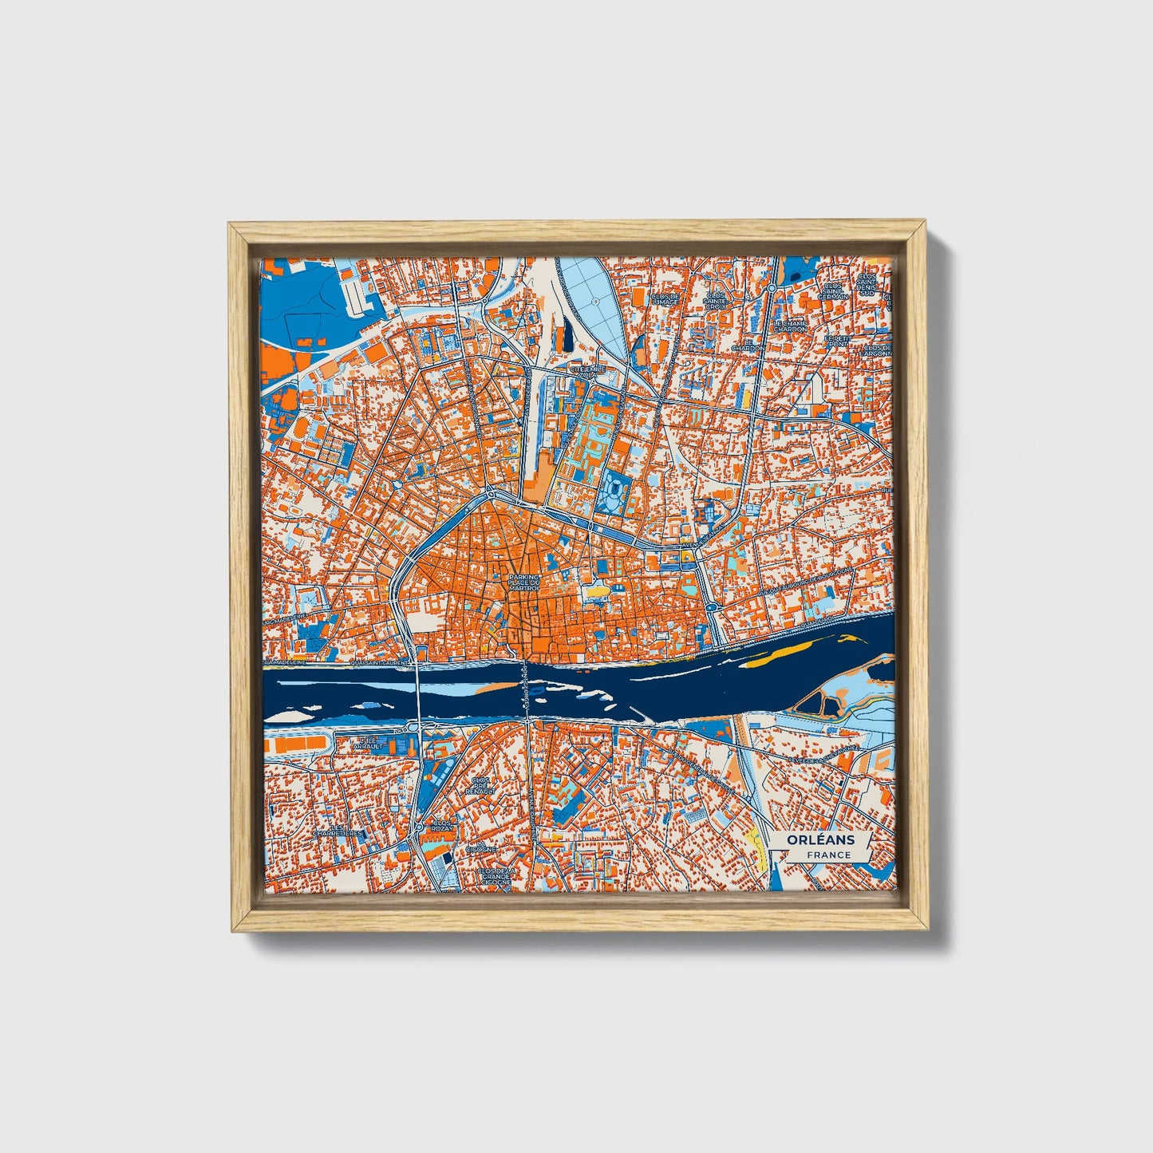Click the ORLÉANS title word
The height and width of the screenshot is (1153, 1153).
[819, 839]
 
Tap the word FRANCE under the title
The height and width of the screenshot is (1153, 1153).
[827, 855]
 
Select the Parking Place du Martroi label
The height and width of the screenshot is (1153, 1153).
[524, 582]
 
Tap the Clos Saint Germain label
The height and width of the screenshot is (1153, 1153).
[835, 290]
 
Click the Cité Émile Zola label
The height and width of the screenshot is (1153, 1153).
[588, 370]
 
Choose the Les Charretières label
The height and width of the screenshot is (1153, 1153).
[338, 831]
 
